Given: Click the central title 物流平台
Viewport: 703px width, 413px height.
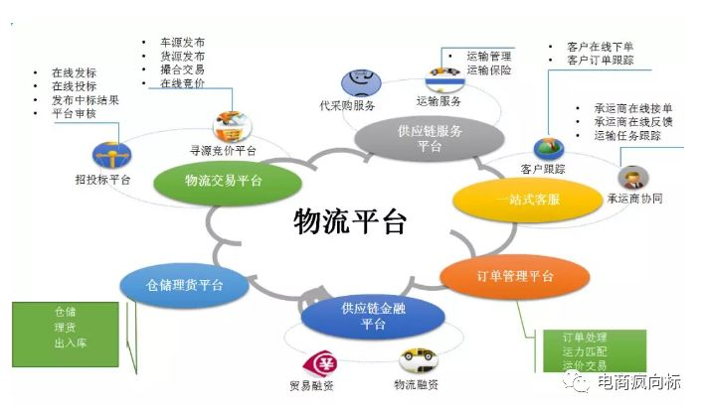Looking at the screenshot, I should (x=350, y=221).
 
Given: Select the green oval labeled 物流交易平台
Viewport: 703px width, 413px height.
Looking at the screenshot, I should (x=224, y=180).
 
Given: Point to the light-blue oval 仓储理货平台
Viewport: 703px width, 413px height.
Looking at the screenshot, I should (x=184, y=285).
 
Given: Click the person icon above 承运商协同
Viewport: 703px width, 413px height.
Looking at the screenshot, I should (x=628, y=178).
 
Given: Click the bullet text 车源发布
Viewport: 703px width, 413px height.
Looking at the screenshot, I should (x=182, y=43).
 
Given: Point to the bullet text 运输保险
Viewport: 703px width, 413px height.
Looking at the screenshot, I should (x=488, y=70).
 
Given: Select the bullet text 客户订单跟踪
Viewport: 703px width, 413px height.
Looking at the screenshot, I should (x=600, y=61).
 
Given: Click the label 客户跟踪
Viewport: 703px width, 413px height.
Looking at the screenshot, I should (x=543, y=169).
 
